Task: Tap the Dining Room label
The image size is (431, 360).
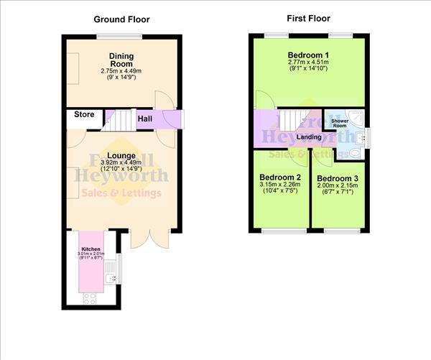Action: click(121, 60)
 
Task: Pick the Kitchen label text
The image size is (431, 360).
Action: click(91, 249)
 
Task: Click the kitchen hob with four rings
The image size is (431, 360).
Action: click(91, 297)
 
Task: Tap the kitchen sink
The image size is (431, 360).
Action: click(110, 277)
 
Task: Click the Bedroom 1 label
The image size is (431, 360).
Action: click(308, 56)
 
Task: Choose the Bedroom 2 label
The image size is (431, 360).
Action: click(280, 177)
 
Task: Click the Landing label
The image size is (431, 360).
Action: click(308, 137)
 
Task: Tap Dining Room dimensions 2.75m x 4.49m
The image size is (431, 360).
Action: click(121, 70)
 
